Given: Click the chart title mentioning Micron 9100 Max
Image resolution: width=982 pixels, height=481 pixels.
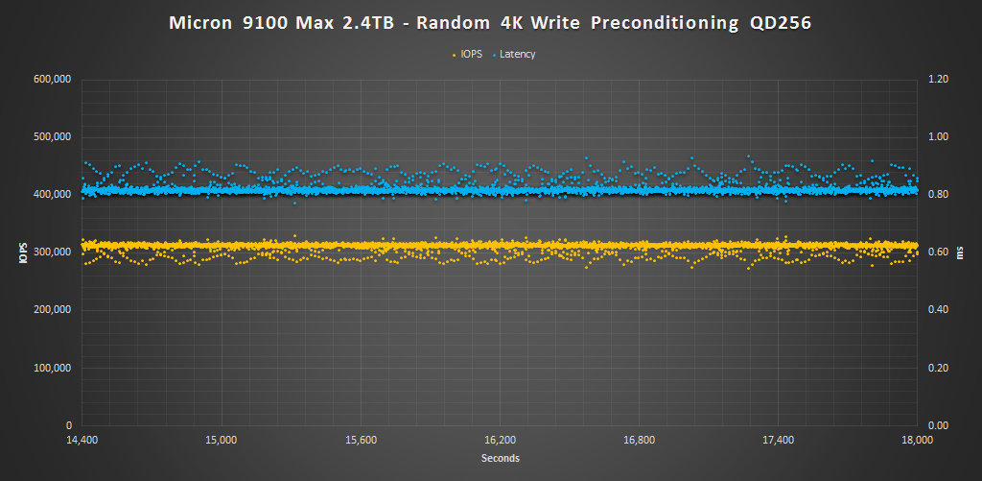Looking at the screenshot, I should point(490,24).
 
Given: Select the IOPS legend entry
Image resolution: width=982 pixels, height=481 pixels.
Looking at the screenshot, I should point(469,55).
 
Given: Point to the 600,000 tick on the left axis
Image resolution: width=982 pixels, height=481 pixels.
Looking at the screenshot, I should point(53,80).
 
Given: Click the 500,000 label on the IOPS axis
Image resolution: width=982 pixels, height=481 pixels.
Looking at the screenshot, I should point(53,137).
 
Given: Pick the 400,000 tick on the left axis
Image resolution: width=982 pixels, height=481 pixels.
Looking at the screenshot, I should point(53,195).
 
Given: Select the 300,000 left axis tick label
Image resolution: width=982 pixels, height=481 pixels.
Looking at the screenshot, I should point(53,253).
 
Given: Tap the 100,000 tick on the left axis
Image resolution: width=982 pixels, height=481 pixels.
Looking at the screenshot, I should point(53,368).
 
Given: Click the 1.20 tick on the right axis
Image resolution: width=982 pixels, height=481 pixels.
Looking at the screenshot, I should point(938,80).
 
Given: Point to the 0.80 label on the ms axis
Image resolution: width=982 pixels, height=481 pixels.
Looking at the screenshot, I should point(938,195).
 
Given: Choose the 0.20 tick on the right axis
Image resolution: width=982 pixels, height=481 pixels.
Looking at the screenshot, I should point(938,368).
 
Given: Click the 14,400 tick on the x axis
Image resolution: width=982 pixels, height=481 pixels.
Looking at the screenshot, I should point(82,441).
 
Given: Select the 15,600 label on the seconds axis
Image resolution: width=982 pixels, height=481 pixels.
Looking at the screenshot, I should point(361,441).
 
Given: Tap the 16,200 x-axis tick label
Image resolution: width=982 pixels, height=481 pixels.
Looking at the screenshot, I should point(500,441).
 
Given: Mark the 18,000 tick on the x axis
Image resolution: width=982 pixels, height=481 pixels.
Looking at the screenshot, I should point(918,441).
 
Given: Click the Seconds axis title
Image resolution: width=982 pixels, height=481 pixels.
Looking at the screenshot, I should point(500,459).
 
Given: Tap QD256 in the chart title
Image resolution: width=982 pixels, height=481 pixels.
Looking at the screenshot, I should point(781,24).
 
